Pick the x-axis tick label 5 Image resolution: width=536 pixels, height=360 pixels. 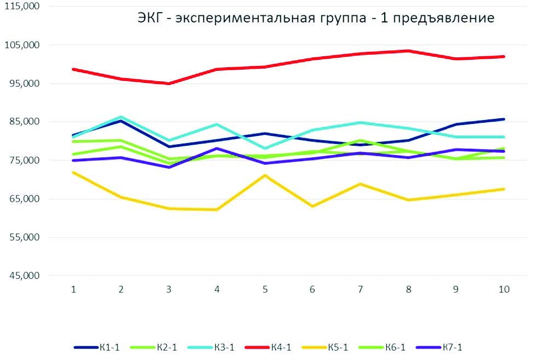265,290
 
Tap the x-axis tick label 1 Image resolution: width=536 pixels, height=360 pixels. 73,290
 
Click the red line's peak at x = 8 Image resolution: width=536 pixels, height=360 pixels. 408,51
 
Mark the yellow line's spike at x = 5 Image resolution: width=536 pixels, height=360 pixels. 265,175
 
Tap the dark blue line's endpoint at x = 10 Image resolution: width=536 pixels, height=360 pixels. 504,119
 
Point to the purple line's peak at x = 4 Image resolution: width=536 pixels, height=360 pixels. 217,148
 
